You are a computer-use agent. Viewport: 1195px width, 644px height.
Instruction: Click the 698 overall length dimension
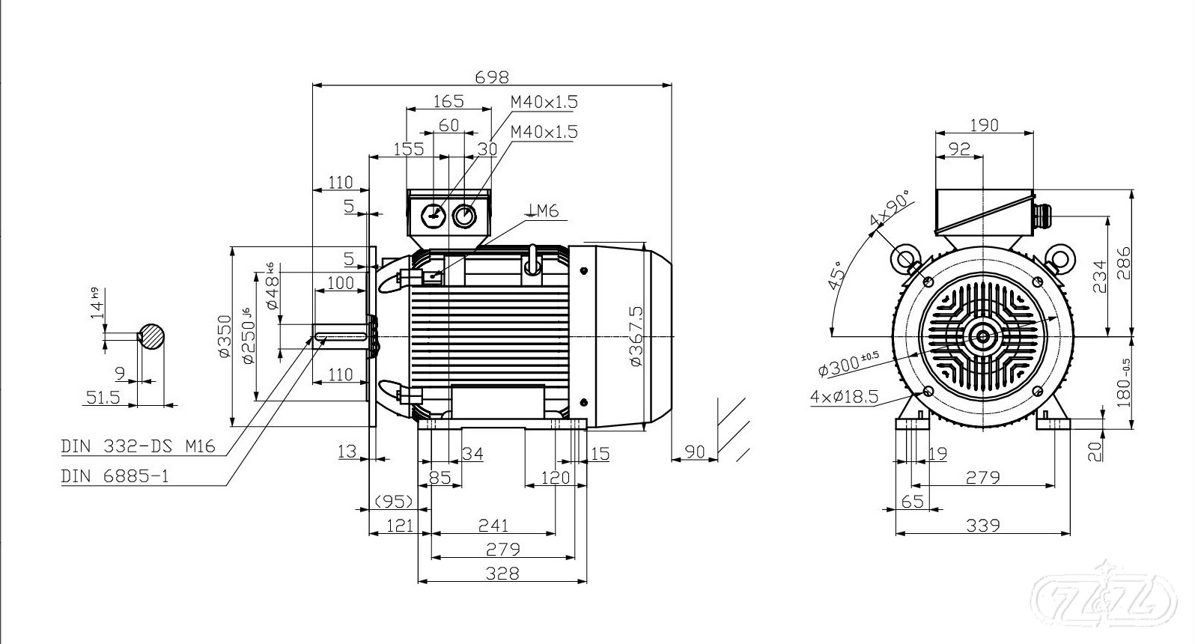pos(492,76)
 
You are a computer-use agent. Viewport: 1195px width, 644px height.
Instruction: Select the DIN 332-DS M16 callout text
pos(139,447)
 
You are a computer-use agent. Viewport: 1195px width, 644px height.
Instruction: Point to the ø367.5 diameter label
pos(636,335)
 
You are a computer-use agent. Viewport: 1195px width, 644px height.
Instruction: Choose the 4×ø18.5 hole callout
pos(844,396)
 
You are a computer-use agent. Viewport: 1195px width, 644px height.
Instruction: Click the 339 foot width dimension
pos(982,525)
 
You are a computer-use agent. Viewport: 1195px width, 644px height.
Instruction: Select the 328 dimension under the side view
pos(502,573)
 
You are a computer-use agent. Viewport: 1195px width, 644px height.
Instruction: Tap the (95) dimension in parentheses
pos(394,500)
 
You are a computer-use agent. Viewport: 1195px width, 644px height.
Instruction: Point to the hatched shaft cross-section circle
pos(152,336)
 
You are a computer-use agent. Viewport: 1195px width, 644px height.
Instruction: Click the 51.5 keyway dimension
pos(103,397)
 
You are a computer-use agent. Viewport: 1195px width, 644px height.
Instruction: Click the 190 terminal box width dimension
pos(984,125)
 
